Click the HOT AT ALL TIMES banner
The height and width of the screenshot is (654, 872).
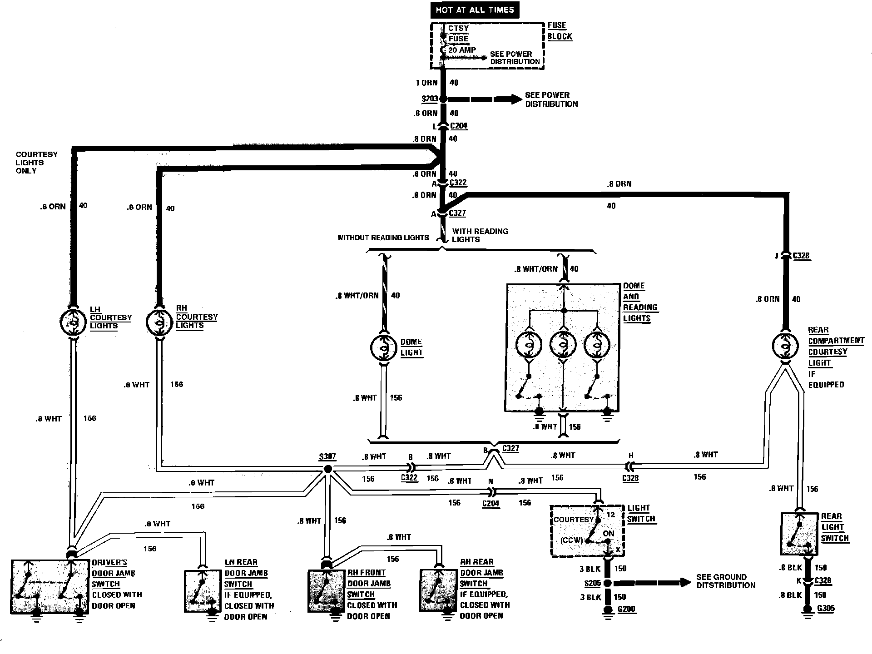tap(475, 10)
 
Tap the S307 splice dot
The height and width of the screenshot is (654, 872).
tap(327, 469)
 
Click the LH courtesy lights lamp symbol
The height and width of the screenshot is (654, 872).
tap(73, 322)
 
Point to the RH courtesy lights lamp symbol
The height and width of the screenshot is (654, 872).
tap(159, 322)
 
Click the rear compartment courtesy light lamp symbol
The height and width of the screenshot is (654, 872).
tap(786, 346)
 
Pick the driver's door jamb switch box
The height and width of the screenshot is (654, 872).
tap(50, 587)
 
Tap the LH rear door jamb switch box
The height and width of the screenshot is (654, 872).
tap(202, 591)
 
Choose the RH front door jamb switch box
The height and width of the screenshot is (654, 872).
tap(327, 591)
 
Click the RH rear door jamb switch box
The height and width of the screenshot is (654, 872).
tap(438, 591)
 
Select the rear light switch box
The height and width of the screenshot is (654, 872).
tap(799, 534)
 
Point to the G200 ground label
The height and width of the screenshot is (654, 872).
tap(627, 609)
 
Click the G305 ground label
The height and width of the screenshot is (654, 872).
tap(825, 608)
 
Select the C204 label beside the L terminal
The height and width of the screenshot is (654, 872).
tap(459, 126)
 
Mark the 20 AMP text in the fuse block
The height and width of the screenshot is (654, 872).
tap(462, 50)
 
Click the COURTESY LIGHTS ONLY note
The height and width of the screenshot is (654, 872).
tap(36, 163)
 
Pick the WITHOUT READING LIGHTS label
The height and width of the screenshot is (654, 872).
tap(383, 238)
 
